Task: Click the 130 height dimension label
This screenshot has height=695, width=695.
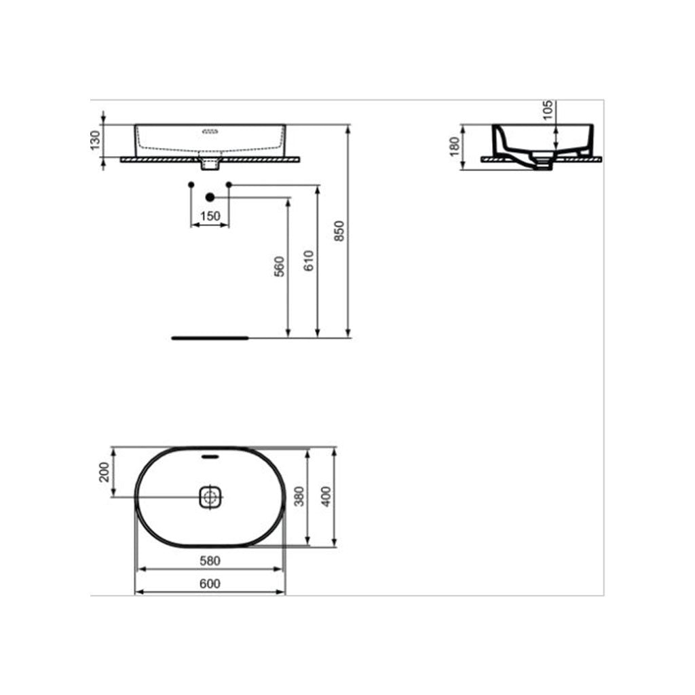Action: (x=96, y=140)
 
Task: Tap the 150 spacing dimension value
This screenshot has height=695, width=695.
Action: (x=210, y=217)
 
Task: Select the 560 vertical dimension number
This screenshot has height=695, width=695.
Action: (x=279, y=266)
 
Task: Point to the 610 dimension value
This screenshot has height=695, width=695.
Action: (x=309, y=261)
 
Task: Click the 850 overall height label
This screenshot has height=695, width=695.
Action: (x=339, y=231)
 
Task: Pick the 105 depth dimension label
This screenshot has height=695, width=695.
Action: (x=548, y=110)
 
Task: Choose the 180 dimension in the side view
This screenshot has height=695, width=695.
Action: (x=454, y=147)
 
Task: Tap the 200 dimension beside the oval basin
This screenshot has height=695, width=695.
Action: (x=104, y=472)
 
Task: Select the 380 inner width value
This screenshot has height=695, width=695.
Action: (x=299, y=497)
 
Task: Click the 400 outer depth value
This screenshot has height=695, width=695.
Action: (x=326, y=497)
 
